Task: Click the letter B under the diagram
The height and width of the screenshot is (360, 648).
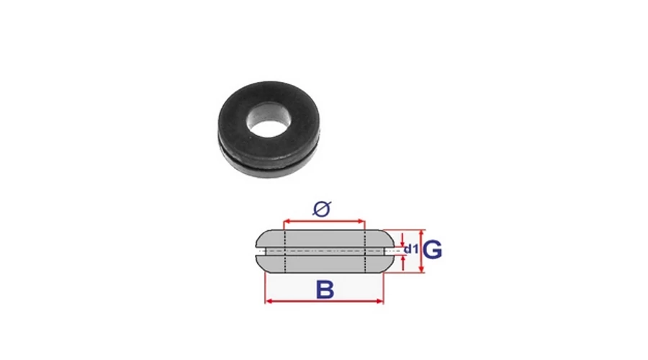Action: [325, 289]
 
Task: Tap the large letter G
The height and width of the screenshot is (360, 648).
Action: [433, 250]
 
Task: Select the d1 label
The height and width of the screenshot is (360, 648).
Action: [411, 249]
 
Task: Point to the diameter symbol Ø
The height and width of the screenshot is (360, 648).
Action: [322, 209]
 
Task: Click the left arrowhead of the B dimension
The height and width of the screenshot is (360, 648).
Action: [269, 301]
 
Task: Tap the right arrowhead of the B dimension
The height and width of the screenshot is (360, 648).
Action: [379, 301]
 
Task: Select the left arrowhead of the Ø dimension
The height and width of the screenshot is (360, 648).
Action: [287, 221]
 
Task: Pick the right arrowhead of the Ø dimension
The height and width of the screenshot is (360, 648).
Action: [361, 221]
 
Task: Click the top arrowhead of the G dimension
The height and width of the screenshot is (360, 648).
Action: [421, 233]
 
